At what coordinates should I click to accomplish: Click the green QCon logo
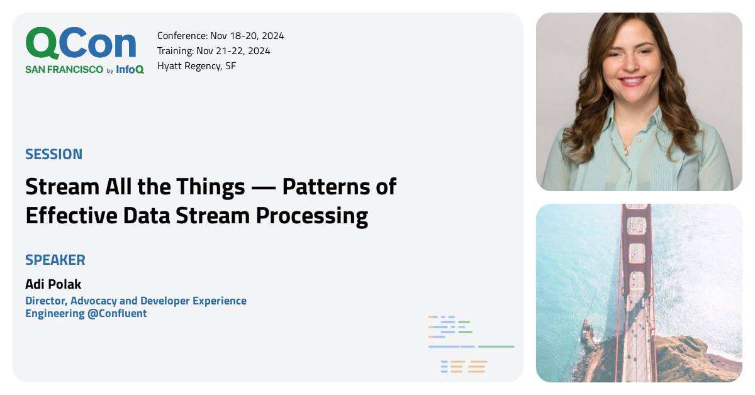click(x=81, y=45)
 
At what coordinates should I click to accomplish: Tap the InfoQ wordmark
click(x=130, y=70)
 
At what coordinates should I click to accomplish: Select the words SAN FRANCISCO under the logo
click(x=64, y=70)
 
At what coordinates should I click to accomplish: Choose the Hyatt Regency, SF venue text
click(x=196, y=66)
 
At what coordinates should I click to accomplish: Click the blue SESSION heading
click(x=53, y=154)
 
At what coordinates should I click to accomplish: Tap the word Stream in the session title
click(x=62, y=187)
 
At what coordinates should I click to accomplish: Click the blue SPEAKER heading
click(x=55, y=260)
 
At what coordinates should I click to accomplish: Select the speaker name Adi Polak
click(x=53, y=284)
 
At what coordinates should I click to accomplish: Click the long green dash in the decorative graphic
click(x=496, y=347)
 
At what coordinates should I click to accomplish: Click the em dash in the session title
click(x=263, y=187)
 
